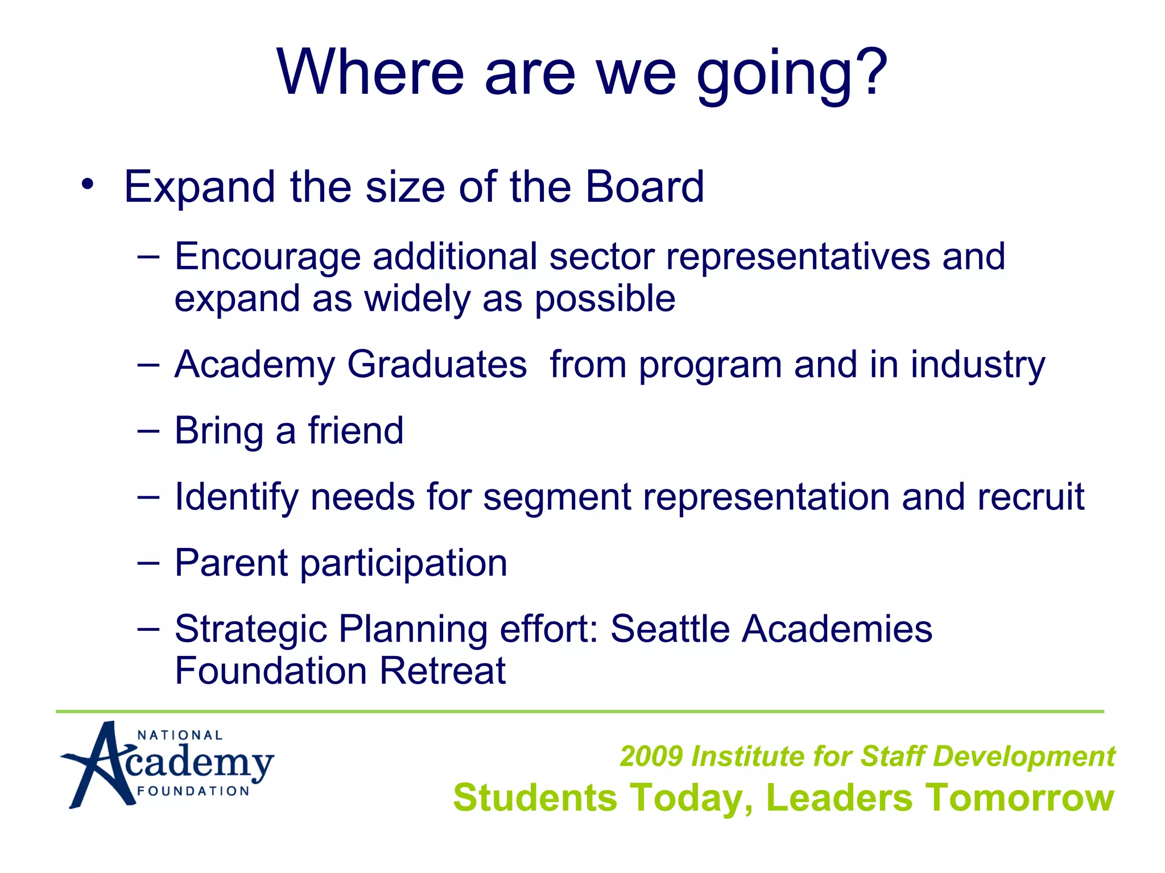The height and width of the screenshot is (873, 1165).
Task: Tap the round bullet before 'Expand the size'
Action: coord(86,184)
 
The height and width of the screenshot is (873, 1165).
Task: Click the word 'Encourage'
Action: coord(267,257)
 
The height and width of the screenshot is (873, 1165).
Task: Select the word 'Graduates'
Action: coord(437,364)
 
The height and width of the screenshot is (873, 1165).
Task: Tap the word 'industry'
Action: coord(978,365)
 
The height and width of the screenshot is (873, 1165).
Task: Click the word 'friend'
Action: coord(356,430)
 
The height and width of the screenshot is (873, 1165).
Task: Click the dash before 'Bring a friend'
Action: coord(148,431)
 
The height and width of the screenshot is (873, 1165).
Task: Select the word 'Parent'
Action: coord(231,563)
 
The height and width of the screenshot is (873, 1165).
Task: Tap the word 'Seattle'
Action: coord(670,629)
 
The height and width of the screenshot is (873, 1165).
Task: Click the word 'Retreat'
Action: coord(442,671)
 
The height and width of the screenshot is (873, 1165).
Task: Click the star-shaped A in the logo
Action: coord(97,764)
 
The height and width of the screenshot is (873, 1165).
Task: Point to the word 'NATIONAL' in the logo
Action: coord(180,735)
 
